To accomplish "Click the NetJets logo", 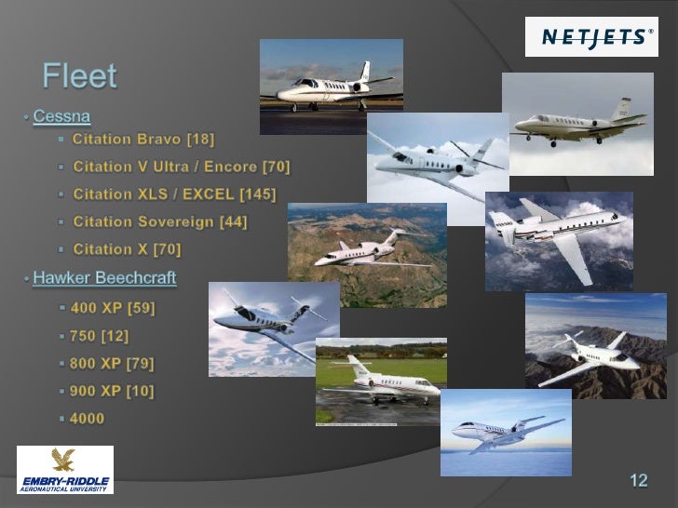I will click(591, 37).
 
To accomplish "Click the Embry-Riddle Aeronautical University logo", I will click(64, 470).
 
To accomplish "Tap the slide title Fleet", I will click(80, 76).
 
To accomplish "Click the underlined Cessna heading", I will click(61, 117).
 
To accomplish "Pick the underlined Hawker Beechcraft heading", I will click(104, 278).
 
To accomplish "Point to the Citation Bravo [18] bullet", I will click(143, 140).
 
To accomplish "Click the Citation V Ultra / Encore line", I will click(182, 167).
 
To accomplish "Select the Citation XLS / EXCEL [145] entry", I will click(174, 194).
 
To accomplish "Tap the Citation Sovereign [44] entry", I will click(160, 221).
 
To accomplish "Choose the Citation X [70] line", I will click(127, 249).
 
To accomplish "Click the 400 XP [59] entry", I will click(113, 307).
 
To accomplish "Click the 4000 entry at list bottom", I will click(88, 419).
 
